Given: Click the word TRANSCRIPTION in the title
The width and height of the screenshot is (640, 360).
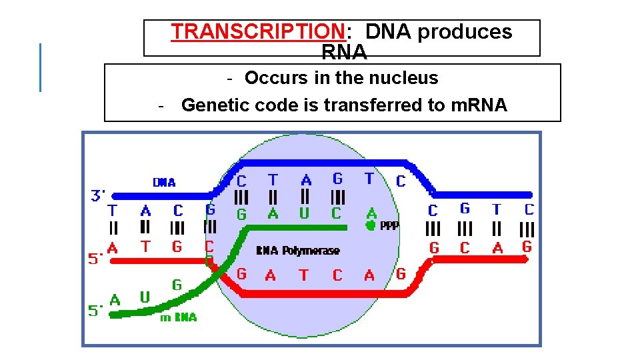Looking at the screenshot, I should (257, 31).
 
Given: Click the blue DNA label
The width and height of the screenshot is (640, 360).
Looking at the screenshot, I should (164, 182).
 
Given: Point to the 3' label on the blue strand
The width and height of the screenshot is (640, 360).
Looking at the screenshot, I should (99, 195).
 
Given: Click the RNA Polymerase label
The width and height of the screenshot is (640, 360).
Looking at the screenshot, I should (297, 251).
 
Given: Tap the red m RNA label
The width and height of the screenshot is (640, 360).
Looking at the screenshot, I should (178, 317).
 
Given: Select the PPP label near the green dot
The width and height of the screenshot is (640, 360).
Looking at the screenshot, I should (389, 226).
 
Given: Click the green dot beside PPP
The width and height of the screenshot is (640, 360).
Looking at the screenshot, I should (371, 225).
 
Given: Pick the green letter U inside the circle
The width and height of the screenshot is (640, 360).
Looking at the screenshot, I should (305, 213).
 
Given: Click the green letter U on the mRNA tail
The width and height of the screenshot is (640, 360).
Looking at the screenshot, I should (145, 297).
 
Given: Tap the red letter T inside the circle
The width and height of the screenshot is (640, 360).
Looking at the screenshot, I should (303, 275).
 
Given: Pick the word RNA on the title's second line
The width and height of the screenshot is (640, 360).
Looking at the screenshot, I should (344, 51).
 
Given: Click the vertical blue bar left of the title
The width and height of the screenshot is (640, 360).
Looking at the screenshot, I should (41, 67).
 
